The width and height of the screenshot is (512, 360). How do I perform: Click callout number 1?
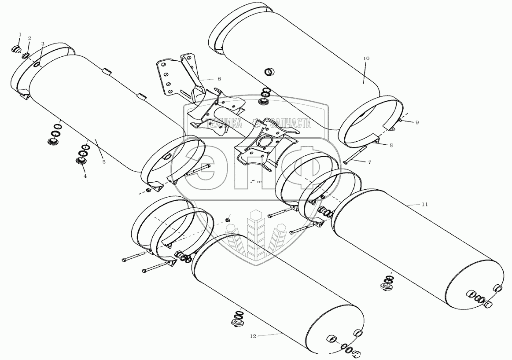pos(19,34)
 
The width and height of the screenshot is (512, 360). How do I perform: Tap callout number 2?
pos(29,38)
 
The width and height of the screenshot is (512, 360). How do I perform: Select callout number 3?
pos(43,44)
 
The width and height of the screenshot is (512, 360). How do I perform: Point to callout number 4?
pos(85,176)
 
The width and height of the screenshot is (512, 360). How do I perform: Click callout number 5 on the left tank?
pos(103,162)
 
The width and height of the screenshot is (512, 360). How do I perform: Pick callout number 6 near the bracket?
pos(219,79)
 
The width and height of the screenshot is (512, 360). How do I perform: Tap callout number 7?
pos(369,162)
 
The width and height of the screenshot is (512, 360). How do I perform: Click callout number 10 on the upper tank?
pos(367,58)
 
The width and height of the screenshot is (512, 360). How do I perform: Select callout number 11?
pos(424,205)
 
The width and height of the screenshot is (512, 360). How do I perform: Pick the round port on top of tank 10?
pos(269,72)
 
